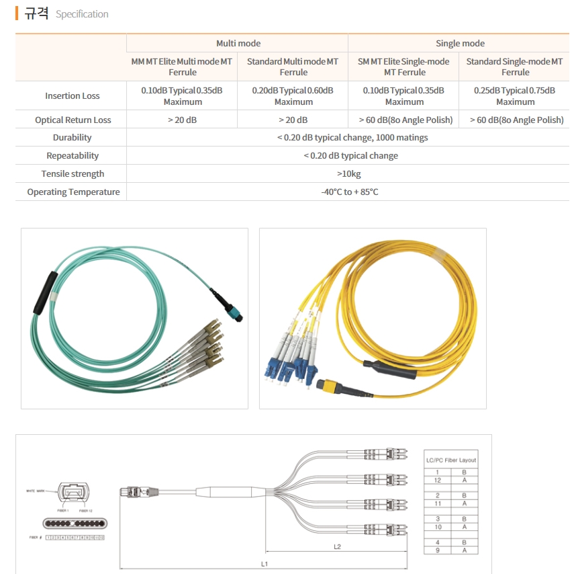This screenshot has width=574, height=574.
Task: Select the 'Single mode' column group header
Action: [x=460, y=43]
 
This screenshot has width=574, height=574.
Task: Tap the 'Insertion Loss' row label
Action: [x=73, y=95]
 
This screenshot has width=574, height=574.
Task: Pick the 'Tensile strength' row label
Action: [x=73, y=173]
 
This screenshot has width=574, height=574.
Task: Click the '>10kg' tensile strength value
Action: [x=349, y=173]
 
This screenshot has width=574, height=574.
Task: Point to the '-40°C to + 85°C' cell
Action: [x=349, y=192]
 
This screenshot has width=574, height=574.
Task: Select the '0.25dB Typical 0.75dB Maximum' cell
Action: [x=515, y=95]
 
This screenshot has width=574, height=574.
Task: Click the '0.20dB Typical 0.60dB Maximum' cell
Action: [x=293, y=95]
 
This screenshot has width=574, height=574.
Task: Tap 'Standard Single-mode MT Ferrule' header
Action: [x=515, y=67]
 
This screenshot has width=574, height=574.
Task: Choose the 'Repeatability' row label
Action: [x=73, y=155]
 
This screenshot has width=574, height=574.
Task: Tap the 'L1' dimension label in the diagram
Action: [x=265, y=564]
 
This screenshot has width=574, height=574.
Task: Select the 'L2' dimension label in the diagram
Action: [x=338, y=547]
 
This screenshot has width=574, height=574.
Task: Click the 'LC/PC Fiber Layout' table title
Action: [x=451, y=460]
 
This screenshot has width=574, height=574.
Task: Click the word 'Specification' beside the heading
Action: [x=82, y=14]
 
